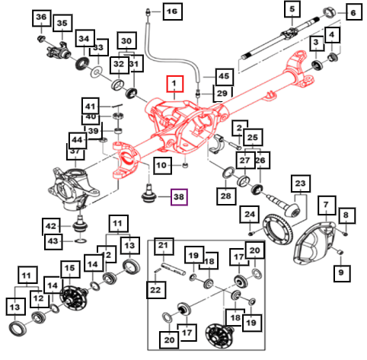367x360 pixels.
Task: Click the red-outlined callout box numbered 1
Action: tap(174, 84)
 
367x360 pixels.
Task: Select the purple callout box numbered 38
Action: tap(179, 197)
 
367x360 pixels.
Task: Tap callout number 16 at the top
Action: tap(172, 11)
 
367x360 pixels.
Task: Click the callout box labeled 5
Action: tap(292, 9)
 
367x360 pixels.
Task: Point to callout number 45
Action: tap(224, 77)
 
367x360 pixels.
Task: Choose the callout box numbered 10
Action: tap(161, 165)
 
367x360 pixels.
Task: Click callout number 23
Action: tap(301, 183)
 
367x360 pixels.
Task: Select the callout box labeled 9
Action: tap(342, 273)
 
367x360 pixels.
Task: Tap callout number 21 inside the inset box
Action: tap(163, 246)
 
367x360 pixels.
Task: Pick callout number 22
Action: tap(155, 290)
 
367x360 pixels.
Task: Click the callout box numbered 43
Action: tap(53, 241)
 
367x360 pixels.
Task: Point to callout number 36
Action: tap(41, 18)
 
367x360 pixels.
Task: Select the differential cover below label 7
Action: tap(314, 244)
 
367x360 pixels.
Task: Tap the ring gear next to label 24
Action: tap(278, 229)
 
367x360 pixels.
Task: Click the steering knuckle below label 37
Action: tap(72, 189)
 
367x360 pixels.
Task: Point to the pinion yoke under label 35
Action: tap(59, 50)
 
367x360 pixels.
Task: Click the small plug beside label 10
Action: tap(186, 166)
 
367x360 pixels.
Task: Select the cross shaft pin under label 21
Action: tap(174, 269)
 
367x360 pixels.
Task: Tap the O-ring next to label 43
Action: tap(81, 241)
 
